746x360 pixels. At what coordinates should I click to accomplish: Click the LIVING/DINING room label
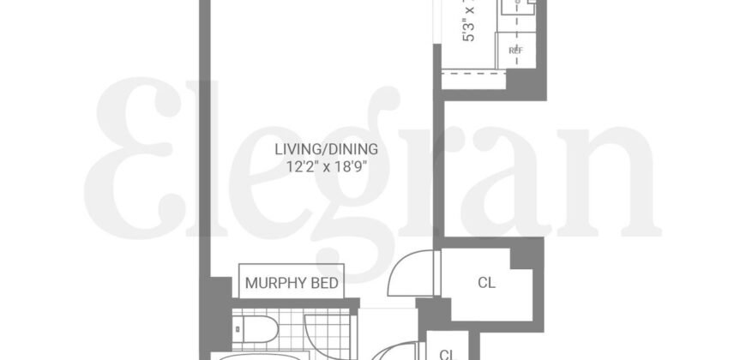[325, 149]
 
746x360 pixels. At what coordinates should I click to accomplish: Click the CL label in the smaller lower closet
[446, 353]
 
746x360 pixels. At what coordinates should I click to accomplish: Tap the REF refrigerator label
[515, 51]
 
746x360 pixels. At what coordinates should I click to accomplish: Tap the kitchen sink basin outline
[518, 7]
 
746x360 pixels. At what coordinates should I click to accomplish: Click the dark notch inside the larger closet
[522, 258]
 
